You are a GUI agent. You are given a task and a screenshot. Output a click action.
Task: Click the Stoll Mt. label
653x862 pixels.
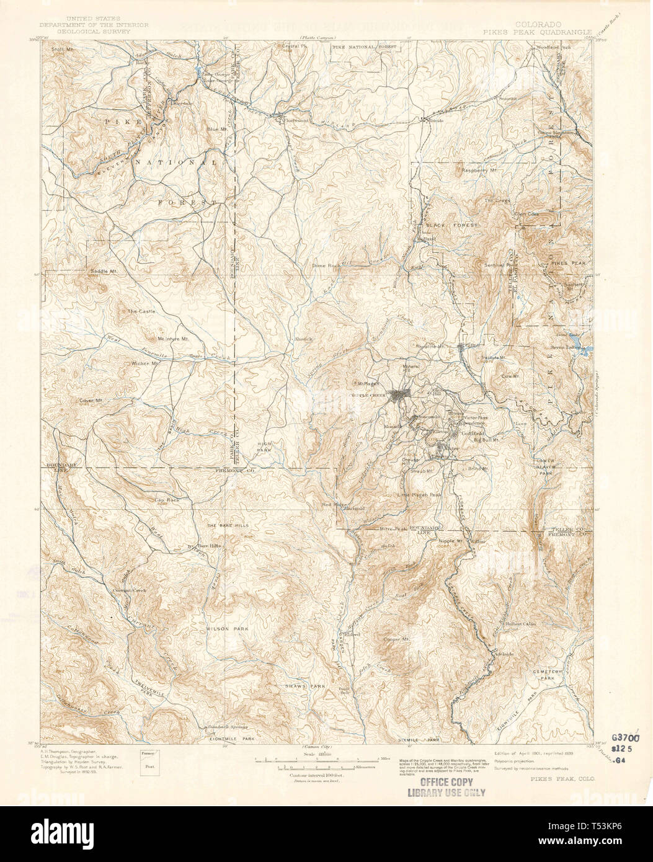coord(63,48)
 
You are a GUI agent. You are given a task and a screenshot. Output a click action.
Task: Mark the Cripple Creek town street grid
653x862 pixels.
coord(397,395)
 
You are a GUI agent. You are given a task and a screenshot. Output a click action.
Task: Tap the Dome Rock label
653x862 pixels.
coord(327,265)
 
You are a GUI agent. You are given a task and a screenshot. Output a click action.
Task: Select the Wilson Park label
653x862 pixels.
coord(227,629)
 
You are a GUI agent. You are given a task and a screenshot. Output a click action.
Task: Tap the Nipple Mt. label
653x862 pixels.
coord(451,541)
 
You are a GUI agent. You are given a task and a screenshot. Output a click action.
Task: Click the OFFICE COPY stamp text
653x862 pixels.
coord(446,783)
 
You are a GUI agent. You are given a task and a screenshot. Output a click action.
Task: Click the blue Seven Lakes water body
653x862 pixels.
coord(586,349)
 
